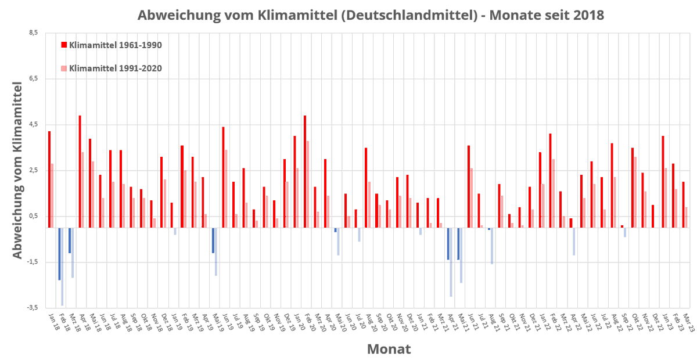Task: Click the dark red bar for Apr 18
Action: tap(80, 171)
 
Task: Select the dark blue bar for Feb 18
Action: tap(59, 254)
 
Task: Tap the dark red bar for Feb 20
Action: tap(305, 171)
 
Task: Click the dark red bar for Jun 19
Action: tap(223, 177)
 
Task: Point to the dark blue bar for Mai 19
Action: tap(213, 240)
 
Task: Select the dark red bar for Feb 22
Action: tap(550, 181)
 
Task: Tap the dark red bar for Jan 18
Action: tap(49, 179)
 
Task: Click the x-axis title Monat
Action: tap(389, 349)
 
